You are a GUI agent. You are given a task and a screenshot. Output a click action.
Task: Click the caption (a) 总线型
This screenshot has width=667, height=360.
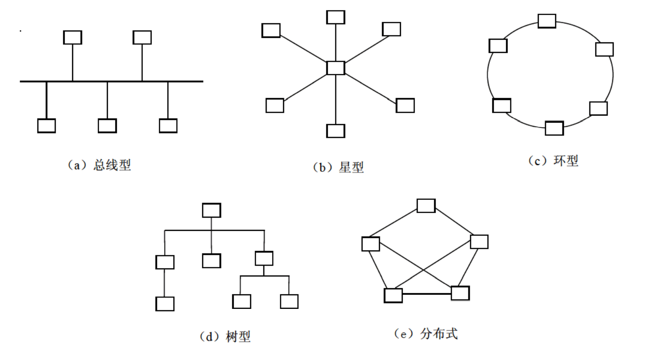pyautogui.click(x=100, y=165)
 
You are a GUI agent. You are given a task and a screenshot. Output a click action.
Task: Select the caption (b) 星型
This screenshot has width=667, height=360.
pyautogui.click(x=338, y=167)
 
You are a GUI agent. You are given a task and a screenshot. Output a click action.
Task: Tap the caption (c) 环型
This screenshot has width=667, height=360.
pyautogui.click(x=553, y=161)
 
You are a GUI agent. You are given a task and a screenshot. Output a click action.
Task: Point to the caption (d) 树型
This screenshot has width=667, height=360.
pyautogui.click(x=225, y=337)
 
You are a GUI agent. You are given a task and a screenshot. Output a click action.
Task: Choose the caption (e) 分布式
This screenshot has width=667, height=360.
pyautogui.click(x=425, y=334)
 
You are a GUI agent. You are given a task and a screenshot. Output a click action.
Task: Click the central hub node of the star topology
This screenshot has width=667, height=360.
pyautogui.click(x=336, y=68)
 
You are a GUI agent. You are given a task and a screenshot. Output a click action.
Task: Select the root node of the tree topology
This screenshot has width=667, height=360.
pyautogui.click(x=211, y=210)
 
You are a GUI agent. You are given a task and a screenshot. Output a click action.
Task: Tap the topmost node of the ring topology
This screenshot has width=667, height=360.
pyautogui.click(x=546, y=21)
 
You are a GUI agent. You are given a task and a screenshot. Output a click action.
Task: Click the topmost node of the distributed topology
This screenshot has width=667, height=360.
pyautogui.click(x=426, y=206)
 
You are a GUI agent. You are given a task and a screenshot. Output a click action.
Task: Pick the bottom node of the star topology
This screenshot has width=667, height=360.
pyautogui.click(x=336, y=131)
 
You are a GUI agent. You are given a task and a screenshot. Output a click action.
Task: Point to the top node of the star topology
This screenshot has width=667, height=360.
pyautogui.click(x=336, y=17)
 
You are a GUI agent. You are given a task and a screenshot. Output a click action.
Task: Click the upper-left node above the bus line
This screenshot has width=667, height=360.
pyautogui.click(x=73, y=37)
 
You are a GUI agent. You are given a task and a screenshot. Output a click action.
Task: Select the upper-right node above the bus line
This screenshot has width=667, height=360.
pyautogui.click(x=142, y=37)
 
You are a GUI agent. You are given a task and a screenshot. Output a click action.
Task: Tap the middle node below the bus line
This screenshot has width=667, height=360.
pyautogui.click(x=107, y=125)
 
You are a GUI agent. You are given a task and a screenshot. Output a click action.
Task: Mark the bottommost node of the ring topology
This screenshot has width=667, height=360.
pyautogui.click(x=554, y=128)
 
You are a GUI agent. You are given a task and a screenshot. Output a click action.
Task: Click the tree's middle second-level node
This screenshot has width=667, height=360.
pyautogui.click(x=211, y=261)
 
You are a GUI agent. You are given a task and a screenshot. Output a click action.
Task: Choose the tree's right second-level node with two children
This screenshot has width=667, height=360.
pyautogui.click(x=264, y=258)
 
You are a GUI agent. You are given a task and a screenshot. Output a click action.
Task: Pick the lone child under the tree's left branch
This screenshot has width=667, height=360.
pyautogui.click(x=165, y=303)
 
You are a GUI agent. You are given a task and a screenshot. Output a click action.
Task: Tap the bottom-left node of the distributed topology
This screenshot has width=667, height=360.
pyautogui.click(x=393, y=295)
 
